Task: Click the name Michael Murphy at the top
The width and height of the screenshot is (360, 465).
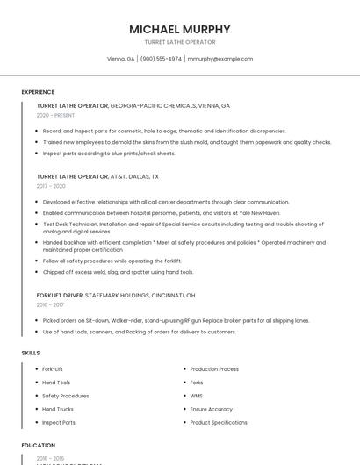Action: pos(180,29)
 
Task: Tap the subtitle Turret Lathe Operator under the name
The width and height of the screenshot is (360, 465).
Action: pos(180,42)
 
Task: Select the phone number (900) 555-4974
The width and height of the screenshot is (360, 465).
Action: pos(161,59)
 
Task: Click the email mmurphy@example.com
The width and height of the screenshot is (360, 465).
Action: pos(220,59)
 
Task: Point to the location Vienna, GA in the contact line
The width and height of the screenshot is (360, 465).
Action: pos(120,59)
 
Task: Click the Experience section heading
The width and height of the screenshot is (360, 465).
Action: pos(38,92)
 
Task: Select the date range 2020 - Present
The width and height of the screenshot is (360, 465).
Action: pos(55,115)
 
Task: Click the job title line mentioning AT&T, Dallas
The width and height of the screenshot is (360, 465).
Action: pos(97,176)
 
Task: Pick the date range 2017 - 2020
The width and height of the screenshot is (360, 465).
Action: pos(51,186)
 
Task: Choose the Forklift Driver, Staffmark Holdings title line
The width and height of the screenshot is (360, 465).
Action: pos(116,296)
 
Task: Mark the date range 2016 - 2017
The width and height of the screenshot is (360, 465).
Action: pos(51,305)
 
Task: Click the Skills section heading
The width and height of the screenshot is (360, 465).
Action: pos(31,353)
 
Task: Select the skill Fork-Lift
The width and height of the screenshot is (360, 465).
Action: pos(53,369)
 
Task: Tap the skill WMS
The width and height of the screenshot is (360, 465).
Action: pos(196,396)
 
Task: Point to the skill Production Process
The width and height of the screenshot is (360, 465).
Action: pos(214,369)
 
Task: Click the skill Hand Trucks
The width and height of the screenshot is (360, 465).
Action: pos(58,409)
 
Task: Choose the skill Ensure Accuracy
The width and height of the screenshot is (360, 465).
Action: pos(212,409)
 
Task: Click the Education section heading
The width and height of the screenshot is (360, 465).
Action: pos(39,445)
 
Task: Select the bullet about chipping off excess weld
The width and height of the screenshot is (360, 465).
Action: pos(118,272)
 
